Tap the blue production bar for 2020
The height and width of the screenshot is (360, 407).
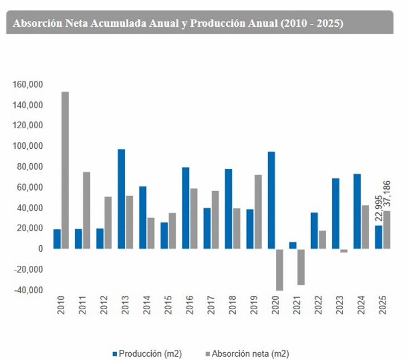pos(272,200)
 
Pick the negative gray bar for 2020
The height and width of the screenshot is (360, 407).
pos(279,270)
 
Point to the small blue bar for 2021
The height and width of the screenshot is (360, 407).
pos(293,245)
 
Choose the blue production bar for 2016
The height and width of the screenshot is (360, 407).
pos(186,208)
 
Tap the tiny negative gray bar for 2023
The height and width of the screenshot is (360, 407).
pos(344,251)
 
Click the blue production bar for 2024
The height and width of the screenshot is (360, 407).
pos(357,211)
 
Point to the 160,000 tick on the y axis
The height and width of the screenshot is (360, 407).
pos(28,85)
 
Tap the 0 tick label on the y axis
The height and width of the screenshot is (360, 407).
pos(41,249)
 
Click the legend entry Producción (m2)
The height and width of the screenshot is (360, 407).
pos(147,353)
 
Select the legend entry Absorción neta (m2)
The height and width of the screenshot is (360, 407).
pos(249,353)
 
